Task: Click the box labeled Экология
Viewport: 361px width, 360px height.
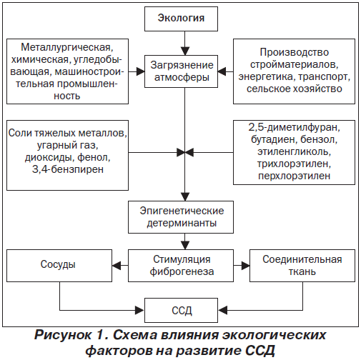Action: (181, 19)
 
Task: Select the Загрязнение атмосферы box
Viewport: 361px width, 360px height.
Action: (181, 71)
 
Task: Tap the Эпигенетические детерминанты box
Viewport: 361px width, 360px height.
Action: (181, 217)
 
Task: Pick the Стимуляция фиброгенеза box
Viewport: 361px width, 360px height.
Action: (181, 266)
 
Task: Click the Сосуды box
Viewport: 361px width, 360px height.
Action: (59, 266)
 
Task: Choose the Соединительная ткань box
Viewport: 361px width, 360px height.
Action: (302, 266)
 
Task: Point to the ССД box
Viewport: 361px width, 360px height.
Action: (181, 310)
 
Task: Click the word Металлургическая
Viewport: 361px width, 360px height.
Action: (67, 47)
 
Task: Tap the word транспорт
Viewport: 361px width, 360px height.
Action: (324, 77)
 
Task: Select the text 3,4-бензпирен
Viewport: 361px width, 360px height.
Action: (68, 169)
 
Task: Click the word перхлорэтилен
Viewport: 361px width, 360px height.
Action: (295, 176)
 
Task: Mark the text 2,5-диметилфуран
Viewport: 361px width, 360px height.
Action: (295, 127)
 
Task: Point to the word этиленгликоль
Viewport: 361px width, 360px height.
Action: (295, 151)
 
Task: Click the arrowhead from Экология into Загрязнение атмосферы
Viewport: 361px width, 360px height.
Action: (185, 51)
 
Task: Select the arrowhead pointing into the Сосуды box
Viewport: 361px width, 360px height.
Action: (117, 266)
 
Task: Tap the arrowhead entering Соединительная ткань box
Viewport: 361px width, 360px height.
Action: (245, 266)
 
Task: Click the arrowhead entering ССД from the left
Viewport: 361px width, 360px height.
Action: (140, 310)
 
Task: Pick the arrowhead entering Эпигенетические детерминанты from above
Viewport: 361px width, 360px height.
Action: (185, 197)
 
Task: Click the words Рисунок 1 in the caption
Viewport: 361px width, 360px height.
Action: (69, 335)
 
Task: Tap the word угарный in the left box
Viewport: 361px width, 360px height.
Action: (54, 145)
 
